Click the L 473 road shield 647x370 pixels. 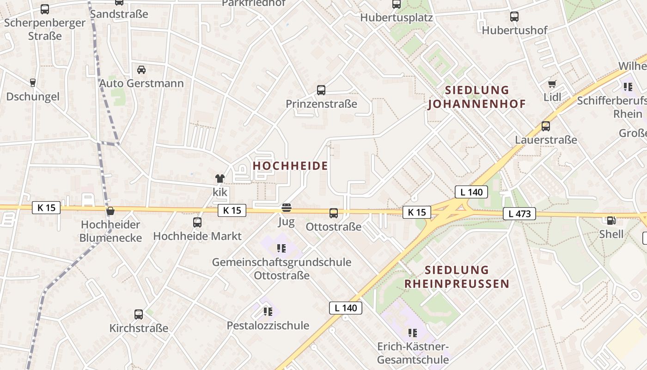[x=519, y=214]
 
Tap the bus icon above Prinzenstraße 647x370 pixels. [x=321, y=90]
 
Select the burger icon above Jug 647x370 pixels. [x=287, y=208]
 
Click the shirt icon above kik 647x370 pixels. [x=220, y=179]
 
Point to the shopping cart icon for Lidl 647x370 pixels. [x=552, y=84]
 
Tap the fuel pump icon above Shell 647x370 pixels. [x=611, y=221]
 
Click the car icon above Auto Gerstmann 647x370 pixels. [x=141, y=70]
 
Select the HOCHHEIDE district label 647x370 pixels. [x=291, y=166]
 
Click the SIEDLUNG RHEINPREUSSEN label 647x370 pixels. [x=457, y=277]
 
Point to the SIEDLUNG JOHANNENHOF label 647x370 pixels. [x=477, y=97]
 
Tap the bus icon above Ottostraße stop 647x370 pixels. [x=334, y=213]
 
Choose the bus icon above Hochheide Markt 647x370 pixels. [x=197, y=222]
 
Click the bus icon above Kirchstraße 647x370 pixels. [x=139, y=314]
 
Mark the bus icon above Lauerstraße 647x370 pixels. [x=546, y=126]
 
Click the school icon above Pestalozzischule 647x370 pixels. [x=268, y=312]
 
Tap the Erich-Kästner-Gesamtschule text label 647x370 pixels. [x=413, y=353]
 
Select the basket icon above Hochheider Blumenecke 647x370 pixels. [x=110, y=211]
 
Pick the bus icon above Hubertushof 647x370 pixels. [x=514, y=17]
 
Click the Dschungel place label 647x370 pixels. [x=33, y=97]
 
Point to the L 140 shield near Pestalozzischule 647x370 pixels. [x=346, y=308]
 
